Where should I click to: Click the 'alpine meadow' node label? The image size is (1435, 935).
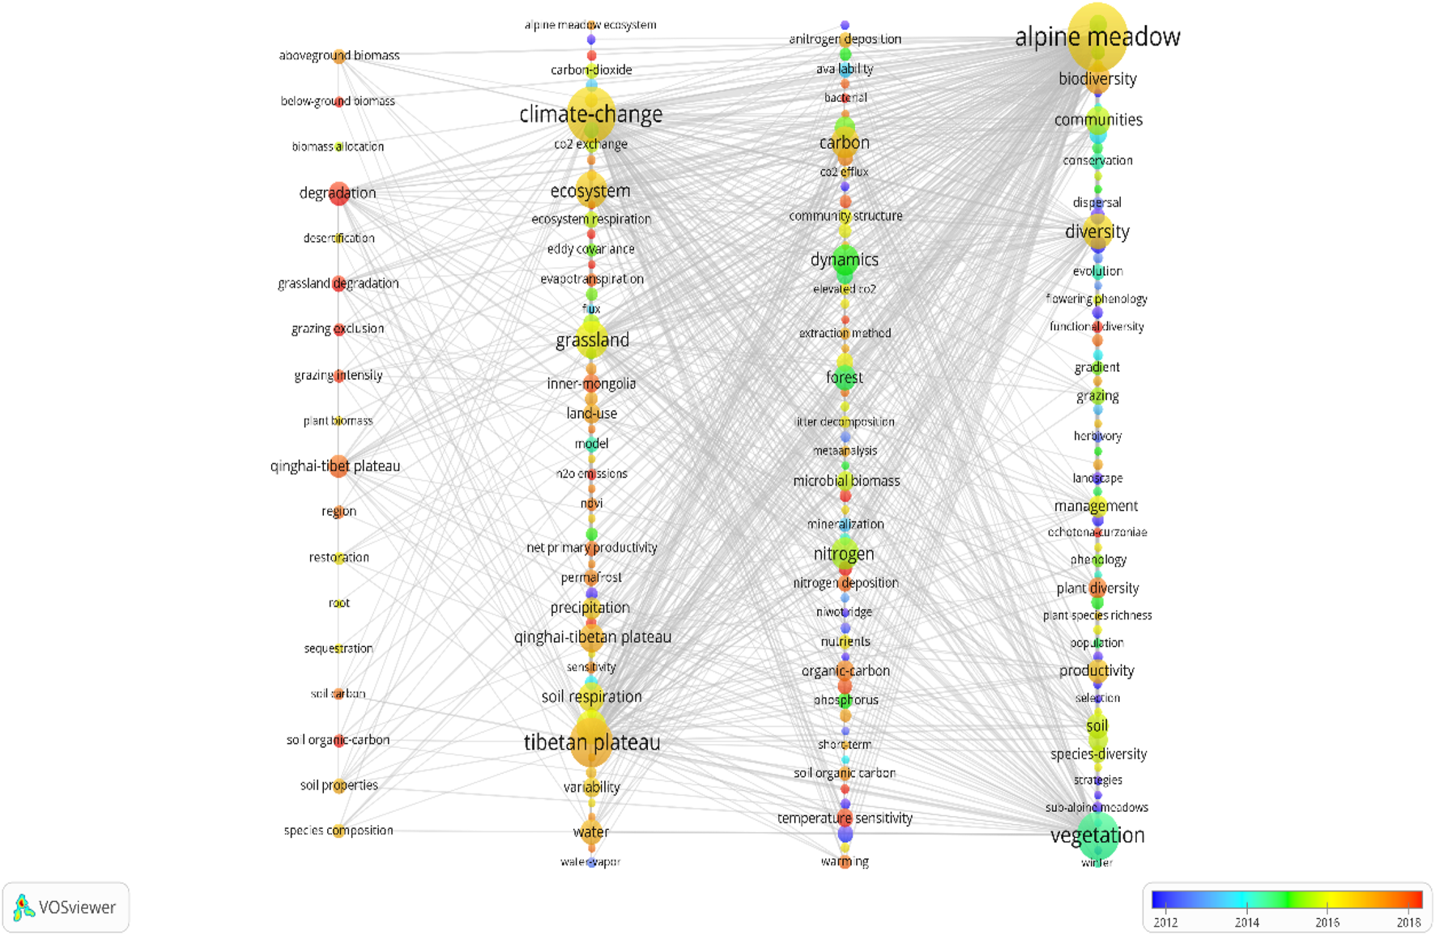click(x=1097, y=37)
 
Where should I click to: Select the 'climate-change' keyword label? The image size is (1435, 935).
click(x=590, y=115)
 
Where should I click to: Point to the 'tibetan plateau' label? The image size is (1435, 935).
click(x=591, y=743)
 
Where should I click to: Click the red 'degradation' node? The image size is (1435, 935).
click(x=339, y=193)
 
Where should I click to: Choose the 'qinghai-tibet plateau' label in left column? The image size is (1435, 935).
click(x=335, y=466)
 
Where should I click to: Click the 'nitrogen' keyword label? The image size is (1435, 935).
click(x=844, y=555)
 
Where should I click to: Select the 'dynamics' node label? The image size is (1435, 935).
click(x=844, y=260)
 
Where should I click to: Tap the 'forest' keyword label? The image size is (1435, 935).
click(x=844, y=378)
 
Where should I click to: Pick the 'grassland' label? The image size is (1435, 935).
click(x=592, y=340)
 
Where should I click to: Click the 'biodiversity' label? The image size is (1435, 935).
click(x=1097, y=79)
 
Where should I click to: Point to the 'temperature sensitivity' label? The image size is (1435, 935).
click(x=845, y=818)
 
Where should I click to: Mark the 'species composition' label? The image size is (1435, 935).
click(x=339, y=831)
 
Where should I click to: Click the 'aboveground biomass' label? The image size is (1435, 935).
click(x=339, y=56)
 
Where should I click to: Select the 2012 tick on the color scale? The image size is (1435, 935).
click(x=1165, y=922)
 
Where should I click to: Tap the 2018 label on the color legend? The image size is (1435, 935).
click(x=1408, y=922)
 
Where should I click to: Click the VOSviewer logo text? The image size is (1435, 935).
click(x=77, y=907)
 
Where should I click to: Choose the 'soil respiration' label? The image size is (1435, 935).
click(x=591, y=697)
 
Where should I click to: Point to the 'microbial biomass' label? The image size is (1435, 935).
click(x=846, y=481)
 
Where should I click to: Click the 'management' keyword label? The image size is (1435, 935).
click(x=1096, y=506)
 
